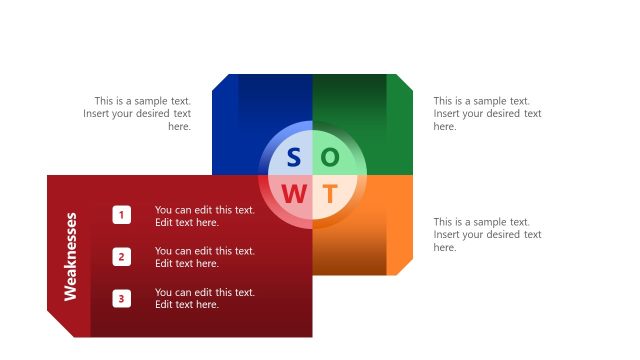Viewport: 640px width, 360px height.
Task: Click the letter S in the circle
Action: pyautogui.click(x=293, y=158)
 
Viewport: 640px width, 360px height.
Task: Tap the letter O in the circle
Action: pyautogui.click(x=330, y=158)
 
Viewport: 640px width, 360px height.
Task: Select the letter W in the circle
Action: pyautogui.click(x=294, y=194)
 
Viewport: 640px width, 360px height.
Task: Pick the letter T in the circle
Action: pyautogui.click(x=330, y=194)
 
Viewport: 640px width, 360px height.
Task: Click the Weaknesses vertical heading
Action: pyautogui.click(x=71, y=256)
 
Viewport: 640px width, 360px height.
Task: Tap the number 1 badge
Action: pyautogui.click(x=121, y=215)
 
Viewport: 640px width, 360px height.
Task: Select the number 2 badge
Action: pyautogui.click(x=121, y=257)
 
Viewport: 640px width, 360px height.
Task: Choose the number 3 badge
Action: pyautogui.click(x=121, y=298)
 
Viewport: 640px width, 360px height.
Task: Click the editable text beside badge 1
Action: pyautogui.click(x=204, y=216)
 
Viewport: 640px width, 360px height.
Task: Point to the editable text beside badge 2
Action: pyautogui.click(x=204, y=257)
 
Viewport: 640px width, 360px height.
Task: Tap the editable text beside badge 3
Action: pyautogui.click(x=204, y=298)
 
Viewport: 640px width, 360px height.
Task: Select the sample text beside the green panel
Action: pyautogui.click(x=487, y=114)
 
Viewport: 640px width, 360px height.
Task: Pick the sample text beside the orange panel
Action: pyautogui.click(x=487, y=234)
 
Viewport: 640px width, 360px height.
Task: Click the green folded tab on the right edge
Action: pyautogui.click(x=400, y=125)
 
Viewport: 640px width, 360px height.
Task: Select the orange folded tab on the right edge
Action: pyautogui.click(x=400, y=225)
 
